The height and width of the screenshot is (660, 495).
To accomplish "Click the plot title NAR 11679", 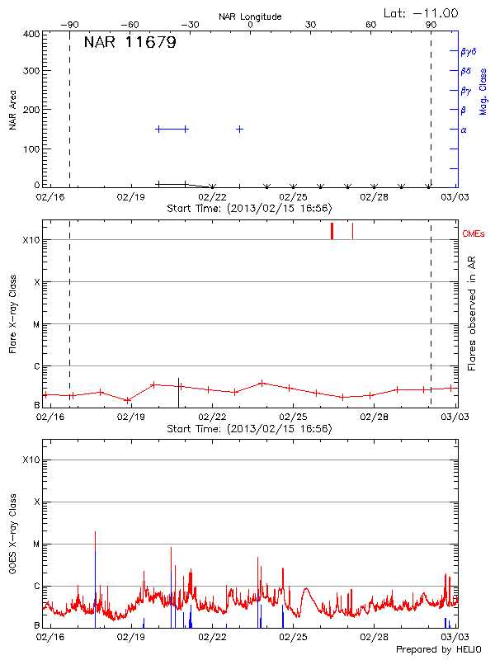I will tap(130, 43).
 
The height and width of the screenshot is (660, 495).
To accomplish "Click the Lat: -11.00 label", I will tap(422, 12).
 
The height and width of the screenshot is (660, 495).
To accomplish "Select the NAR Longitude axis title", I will tap(250, 16).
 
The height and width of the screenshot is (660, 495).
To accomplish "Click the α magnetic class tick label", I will tap(464, 130).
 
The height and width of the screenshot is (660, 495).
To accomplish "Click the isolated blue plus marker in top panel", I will tap(239, 129).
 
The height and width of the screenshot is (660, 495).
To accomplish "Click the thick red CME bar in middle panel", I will tap(332, 231).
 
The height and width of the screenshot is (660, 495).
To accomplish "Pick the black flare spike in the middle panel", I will tap(178, 393).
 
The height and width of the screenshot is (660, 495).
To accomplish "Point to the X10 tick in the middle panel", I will tap(31, 240).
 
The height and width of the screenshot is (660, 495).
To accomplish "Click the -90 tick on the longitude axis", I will tap(73, 25).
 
